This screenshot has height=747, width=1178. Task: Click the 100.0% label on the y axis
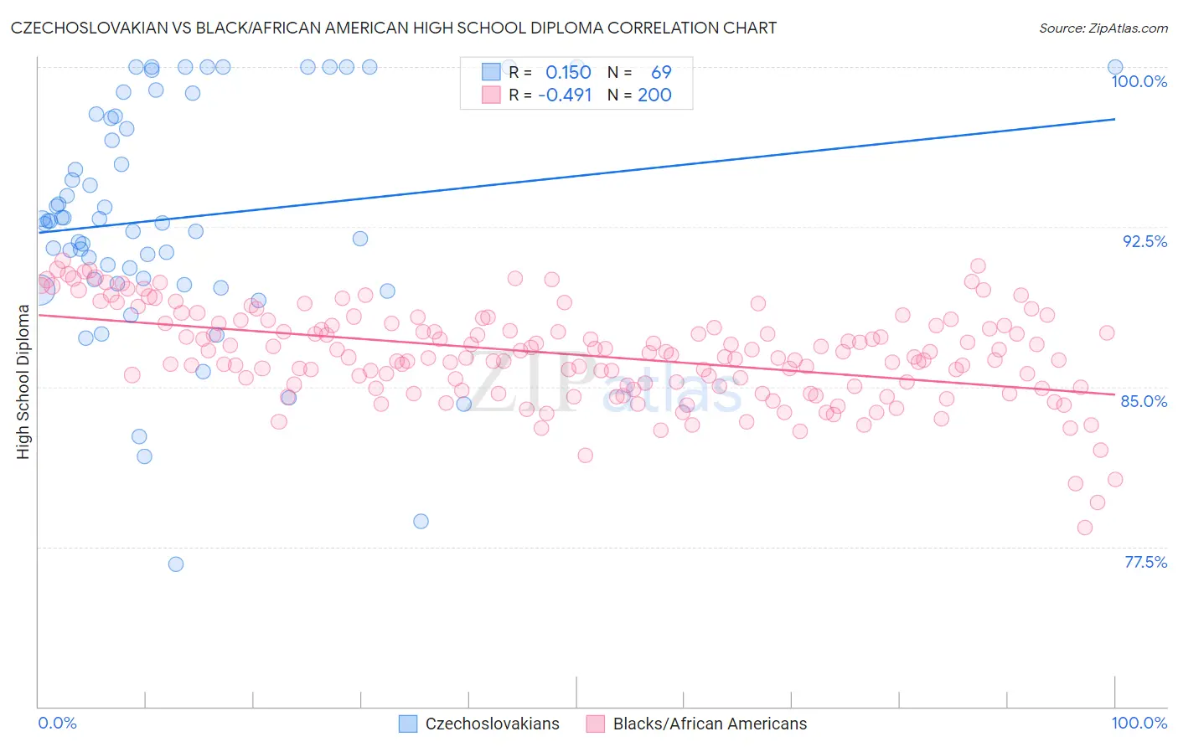(x=1139, y=81)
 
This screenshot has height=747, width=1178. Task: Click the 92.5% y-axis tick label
(x=1144, y=241)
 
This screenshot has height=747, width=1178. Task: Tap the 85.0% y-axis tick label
(x=1144, y=401)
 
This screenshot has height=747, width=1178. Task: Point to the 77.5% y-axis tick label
(x=1145, y=562)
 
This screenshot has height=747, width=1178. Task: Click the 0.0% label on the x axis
(x=57, y=723)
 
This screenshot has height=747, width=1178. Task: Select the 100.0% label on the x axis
(x=1139, y=723)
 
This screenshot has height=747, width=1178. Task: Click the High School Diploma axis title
(x=23, y=381)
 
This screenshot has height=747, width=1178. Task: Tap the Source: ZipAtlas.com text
(x=1103, y=28)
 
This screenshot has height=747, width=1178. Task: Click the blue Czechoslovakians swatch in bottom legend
(x=408, y=724)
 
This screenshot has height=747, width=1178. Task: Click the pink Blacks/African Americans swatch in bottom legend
(x=596, y=724)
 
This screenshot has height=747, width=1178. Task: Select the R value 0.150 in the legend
(x=568, y=73)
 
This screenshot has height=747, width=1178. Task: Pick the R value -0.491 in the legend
(x=565, y=95)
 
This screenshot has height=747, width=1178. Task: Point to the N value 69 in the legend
(x=661, y=73)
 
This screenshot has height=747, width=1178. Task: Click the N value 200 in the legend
(x=654, y=95)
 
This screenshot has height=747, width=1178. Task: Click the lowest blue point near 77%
(x=176, y=564)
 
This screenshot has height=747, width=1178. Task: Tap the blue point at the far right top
(x=1115, y=67)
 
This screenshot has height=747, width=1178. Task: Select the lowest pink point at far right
(x=1085, y=528)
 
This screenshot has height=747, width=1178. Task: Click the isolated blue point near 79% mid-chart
(x=421, y=521)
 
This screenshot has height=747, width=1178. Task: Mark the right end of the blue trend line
(x=1115, y=119)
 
